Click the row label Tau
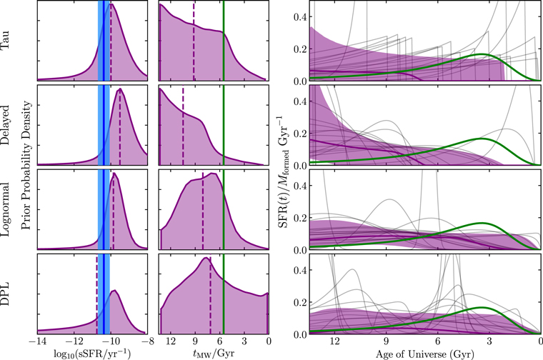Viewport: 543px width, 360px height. click(6, 41)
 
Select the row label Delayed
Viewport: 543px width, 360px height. click(6, 124)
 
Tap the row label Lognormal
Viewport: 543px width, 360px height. click(6, 209)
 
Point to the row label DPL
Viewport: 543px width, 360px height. click(6, 294)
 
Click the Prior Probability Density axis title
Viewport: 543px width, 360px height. click(26, 166)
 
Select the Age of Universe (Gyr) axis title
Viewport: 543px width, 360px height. click(425, 354)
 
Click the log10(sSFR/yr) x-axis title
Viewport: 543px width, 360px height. click(92, 354)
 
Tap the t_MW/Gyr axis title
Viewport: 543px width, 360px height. click(214, 354)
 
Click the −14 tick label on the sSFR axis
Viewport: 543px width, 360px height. click(38, 342)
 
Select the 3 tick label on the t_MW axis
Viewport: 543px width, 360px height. click(244, 342)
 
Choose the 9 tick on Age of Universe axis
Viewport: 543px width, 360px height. click(386, 342)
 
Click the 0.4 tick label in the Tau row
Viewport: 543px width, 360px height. click(301, 16)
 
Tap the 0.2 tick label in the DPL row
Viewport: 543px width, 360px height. click(301, 302)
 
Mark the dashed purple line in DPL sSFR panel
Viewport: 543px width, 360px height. click(96, 295)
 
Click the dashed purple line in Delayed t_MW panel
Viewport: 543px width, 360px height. click(183, 125)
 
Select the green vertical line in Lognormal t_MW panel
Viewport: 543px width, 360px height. click(224, 209)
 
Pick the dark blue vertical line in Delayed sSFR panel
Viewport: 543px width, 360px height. click(104, 124)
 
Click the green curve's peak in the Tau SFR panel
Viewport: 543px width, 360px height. click(482, 54)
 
